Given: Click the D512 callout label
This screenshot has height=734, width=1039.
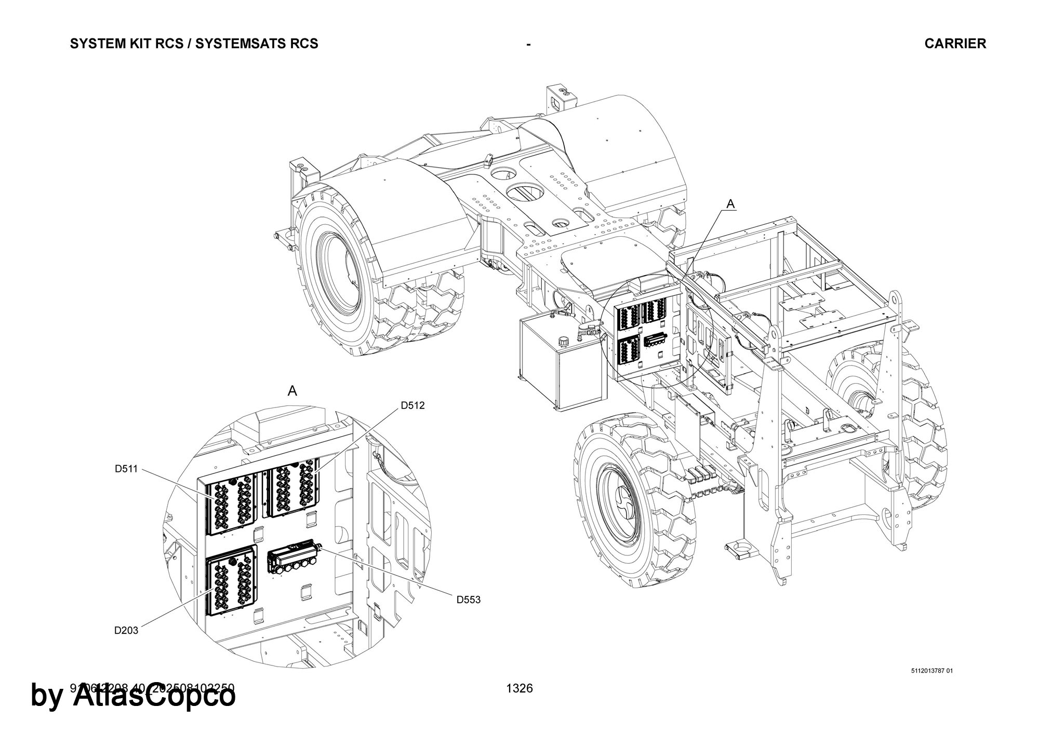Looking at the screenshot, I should [412, 405].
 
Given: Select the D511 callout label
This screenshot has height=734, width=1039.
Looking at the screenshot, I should [126, 469].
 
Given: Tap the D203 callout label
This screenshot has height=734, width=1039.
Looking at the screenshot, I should [126, 631].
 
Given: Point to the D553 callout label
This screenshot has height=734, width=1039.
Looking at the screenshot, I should [469, 600].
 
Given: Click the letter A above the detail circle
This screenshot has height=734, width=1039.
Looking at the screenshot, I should [292, 391].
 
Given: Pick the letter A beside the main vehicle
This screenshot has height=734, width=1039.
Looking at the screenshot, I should [730, 205].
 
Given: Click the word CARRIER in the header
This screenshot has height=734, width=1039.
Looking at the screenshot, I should [955, 44].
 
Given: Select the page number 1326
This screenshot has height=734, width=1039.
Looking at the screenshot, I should [519, 688].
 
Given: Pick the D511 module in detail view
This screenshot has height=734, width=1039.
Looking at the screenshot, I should [232, 502].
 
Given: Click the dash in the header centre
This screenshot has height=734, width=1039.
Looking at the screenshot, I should [528, 45].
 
